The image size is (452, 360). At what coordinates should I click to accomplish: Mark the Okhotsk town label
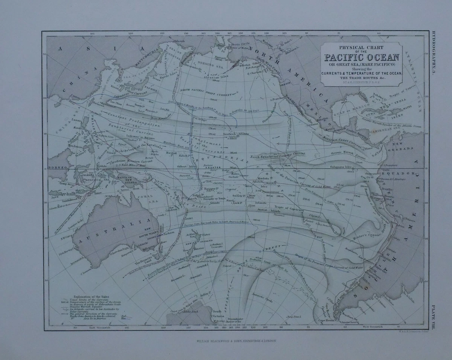pos(179,41)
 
